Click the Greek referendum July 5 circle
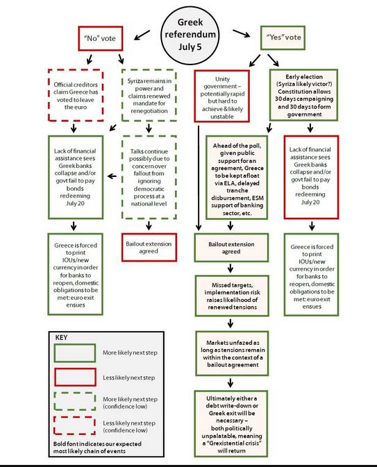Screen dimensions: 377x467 [x=190, y=35]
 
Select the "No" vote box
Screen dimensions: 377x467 [x=101, y=38]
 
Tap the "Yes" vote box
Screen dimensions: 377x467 [x=283, y=37]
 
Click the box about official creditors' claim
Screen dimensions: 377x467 [x=76, y=95]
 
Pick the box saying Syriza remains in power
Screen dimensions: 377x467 [x=149, y=95]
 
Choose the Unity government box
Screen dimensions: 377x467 [x=222, y=96]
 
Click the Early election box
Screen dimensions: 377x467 [x=303, y=95]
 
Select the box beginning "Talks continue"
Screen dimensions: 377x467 [x=149, y=177]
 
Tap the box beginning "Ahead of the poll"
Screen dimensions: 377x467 [x=237, y=178]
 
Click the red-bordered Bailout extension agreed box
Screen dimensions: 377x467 [x=149, y=248]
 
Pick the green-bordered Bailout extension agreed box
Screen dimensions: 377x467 [x=231, y=248]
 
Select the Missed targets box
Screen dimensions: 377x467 [x=232, y=296]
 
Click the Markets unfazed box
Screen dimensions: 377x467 [x=232, y=353]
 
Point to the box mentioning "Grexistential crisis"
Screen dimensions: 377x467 [x=231, y=424]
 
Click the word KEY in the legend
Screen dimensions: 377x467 [x=61, y=337]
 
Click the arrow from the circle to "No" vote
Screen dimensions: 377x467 [x=142, y=35]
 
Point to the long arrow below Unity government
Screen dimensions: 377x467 [x=199, y=178]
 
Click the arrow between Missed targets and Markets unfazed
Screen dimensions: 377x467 [x=231, y=323]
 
